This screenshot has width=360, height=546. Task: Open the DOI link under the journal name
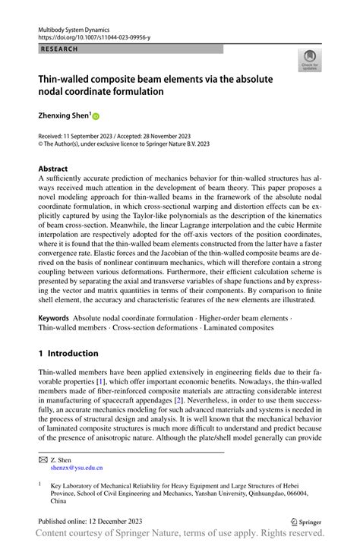pos(95,36)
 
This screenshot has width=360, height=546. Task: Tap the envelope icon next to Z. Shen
pos(43,459)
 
